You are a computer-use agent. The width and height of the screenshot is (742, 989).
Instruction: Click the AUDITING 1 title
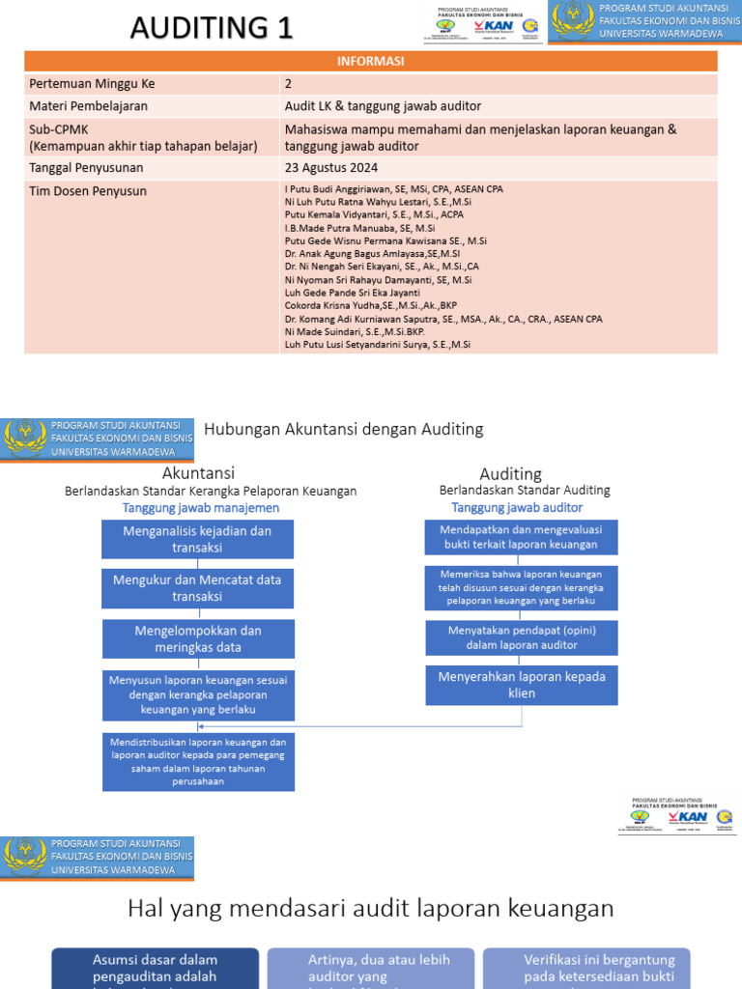tap(212, 27)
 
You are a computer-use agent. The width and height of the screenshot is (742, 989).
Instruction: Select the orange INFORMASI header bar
tap(371, 62)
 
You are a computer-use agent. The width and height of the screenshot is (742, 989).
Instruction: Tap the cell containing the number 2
tap(289, 83)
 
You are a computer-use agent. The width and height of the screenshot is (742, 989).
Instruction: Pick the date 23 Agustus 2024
tap(329, 165)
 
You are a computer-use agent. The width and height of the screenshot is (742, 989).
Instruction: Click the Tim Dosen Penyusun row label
tap(88, 191)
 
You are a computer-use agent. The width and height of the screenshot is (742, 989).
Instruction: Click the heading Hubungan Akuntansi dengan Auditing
tap(344, 429)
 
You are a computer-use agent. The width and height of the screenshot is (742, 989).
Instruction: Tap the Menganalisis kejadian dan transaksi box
tap(197, 539)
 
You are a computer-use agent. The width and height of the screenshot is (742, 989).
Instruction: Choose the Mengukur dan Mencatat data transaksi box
tap(197, 588)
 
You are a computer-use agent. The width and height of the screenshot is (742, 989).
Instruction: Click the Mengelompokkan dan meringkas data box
tap(197, 638)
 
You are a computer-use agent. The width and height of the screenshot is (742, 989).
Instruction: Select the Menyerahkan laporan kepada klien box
tap(522, 685)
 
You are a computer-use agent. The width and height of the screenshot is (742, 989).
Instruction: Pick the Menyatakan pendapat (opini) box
tap(522, 638)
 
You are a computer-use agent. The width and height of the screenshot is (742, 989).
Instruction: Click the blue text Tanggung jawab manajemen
tap(201, 508)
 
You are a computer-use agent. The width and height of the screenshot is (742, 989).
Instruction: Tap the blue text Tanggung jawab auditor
tap(517, 507)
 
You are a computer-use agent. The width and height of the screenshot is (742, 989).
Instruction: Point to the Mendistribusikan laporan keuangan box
tap(197, 761)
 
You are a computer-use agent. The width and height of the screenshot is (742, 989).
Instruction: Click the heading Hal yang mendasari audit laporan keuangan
tap(371, 908)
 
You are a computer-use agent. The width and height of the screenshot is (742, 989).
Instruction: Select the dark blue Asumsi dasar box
tap(155, 968)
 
